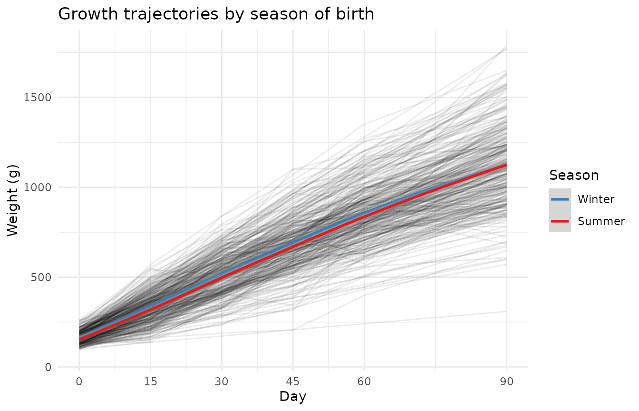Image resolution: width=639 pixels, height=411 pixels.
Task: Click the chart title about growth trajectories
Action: point(216,14)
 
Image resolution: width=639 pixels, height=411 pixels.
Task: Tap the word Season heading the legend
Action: point(574,175)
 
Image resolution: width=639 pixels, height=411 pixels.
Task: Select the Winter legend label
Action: point(596,199)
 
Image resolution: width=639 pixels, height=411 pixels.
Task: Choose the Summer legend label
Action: point(601,221)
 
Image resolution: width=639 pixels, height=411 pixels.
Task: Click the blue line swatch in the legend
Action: point(560,199)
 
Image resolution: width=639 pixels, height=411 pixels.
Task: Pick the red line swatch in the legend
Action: point(560,221)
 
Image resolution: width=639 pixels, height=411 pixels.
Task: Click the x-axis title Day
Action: point(292,396)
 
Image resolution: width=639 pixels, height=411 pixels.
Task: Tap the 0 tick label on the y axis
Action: point(48,367)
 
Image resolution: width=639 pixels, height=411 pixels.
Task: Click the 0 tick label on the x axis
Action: point(79,382)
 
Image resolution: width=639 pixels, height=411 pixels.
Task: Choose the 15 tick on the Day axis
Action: point(150,382)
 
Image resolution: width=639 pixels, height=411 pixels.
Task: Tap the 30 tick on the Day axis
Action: point(222,382)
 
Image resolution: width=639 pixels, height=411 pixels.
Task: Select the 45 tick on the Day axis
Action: point(293,382)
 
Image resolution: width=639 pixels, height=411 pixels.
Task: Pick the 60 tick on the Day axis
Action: point(364,382)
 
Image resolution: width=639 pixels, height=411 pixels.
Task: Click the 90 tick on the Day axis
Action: point(506,382)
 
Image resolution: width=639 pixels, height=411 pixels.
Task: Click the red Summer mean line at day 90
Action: point(505,166)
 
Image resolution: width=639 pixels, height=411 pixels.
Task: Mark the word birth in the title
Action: point(357,14)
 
